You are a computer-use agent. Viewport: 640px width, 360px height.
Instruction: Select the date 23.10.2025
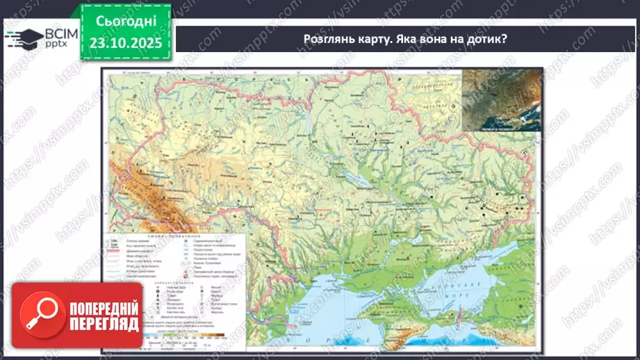click(x=126, y=42)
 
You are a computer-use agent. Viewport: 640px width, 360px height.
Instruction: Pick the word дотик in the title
click(x=486, y=39)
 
